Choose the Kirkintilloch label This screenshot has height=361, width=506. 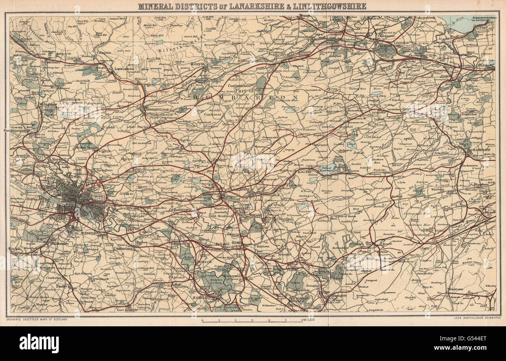156,110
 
